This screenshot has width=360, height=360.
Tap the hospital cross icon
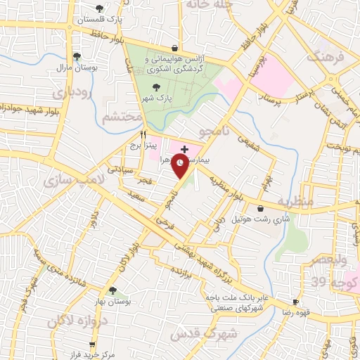184,149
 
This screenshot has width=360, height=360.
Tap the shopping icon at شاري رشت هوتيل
262,208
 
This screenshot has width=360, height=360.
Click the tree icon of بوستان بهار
112,290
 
